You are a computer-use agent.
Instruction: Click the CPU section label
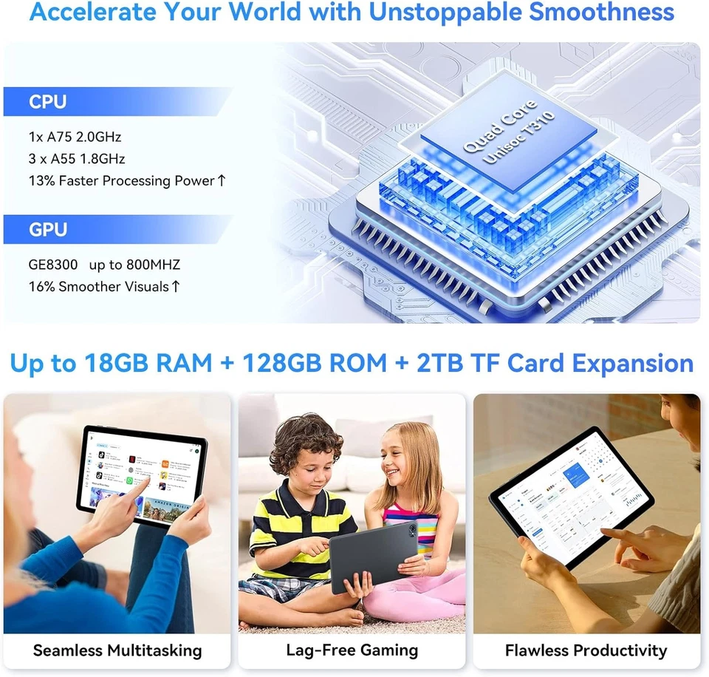(48, 102)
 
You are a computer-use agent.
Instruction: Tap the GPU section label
(48, 230)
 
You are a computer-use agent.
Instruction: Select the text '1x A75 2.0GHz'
(75, 137)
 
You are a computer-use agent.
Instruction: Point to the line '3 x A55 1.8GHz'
(77, 158)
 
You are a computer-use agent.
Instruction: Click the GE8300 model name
(53, 265)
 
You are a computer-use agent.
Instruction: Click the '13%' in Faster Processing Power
(41, 180)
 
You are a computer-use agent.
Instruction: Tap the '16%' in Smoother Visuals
(41, 286)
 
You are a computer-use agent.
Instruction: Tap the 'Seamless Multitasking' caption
(117, 650)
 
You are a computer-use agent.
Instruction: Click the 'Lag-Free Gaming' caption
(352, 650)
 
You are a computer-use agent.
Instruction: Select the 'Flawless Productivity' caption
(586, 650)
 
